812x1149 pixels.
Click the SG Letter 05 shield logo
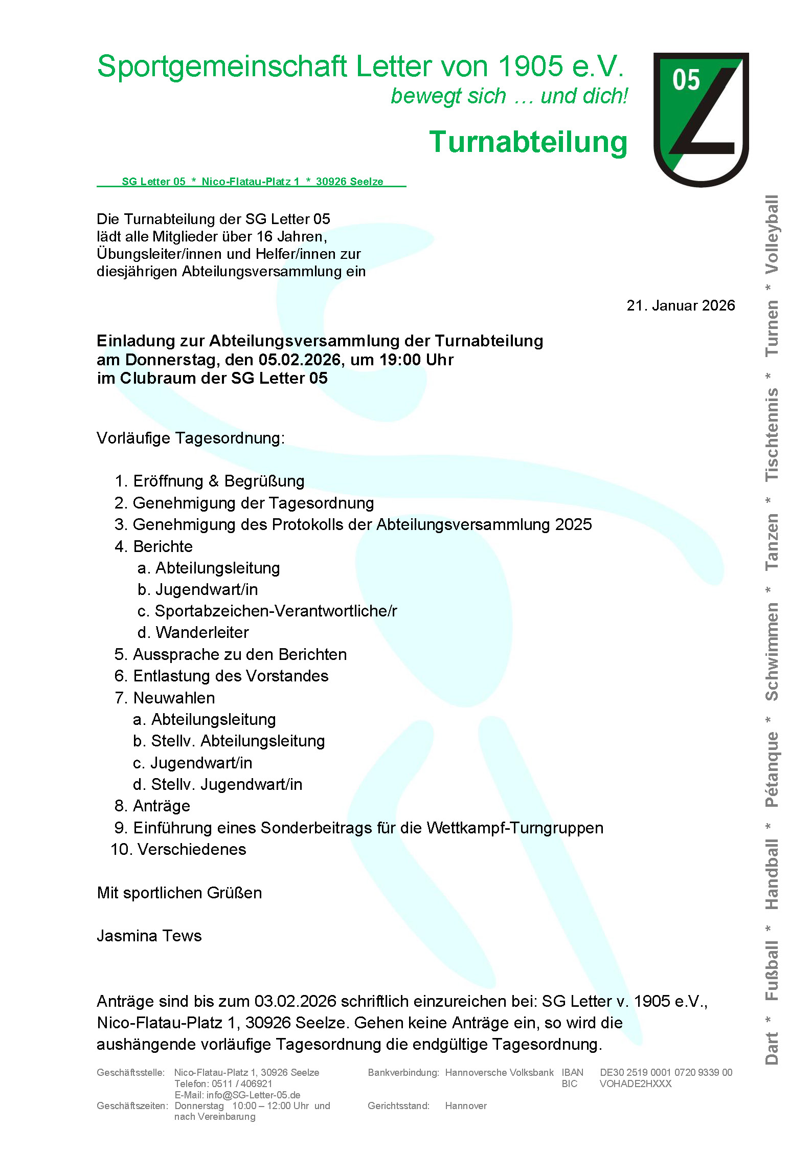pos(701,119)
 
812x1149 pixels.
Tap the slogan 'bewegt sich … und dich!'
pos(509,96)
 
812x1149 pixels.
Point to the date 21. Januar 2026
pos(680,305)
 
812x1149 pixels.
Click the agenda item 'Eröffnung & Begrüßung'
pos(218,481)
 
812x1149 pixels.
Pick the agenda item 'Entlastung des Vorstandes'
pos(231,676)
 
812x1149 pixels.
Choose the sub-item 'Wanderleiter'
pos(202,632)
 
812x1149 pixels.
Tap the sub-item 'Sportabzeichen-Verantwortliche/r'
pos(276,611)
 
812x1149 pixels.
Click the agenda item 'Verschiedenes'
pos(192,849)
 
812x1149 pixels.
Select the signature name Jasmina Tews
pos(149,936)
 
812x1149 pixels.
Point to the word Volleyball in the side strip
pos(772,234)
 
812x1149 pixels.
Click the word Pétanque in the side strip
pos(772,769)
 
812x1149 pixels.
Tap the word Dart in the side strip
pos(772,1048)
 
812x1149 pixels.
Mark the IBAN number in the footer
pos(666,1072)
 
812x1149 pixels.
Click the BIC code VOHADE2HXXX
pos(635,1084)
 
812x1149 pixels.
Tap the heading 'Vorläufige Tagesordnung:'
pos(191,438)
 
